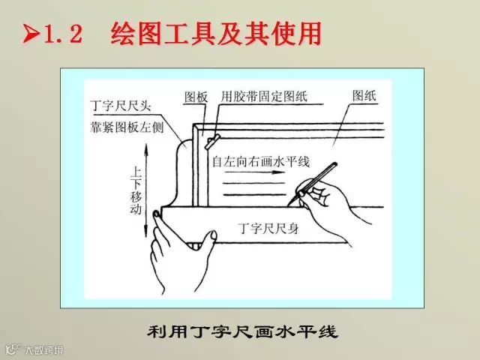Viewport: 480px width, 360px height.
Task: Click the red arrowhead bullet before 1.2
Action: [x=31, y=33]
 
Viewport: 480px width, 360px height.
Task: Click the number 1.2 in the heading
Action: [x=63, y=34]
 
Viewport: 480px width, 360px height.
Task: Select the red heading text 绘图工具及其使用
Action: [x=216, y=33]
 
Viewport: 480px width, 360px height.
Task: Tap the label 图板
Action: [x=196, y=97]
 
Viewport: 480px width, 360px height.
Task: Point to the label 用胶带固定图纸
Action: [x=264, y=97]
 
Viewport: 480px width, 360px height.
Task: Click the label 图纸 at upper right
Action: [x=364, y=96]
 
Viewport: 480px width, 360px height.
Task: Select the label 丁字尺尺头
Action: [x=121, y=106]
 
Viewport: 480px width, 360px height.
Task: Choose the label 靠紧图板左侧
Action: [x=127, y=127]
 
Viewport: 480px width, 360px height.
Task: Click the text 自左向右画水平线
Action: [x=261, y=161]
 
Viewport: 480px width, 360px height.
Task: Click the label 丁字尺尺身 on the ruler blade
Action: [x=268, y=228]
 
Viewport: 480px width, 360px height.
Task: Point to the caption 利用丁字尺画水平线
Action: [x=242, y=331]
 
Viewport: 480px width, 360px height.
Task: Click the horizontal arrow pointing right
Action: [x=255, y=172]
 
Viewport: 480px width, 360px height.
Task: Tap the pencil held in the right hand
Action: [x=313, y=183]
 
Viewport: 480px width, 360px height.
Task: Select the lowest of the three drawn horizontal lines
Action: [x=255, y=194]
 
